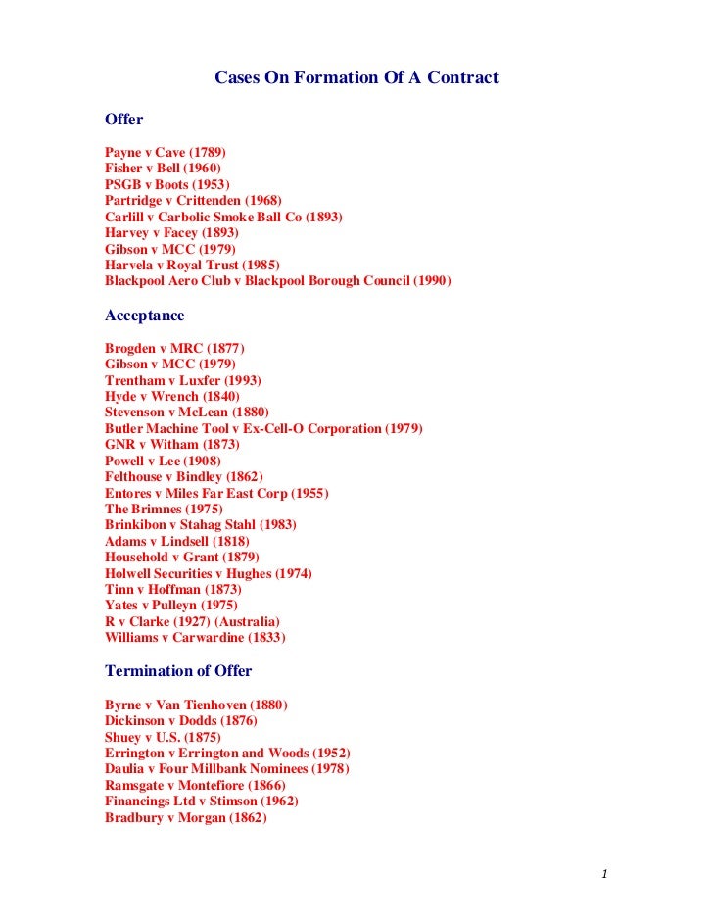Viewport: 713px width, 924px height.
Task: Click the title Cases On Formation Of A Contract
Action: [356, 77]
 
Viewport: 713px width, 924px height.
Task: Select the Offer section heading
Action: [123, 120]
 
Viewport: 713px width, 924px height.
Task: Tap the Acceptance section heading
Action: [144, 316]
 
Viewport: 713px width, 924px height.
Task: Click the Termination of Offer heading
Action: [177, 671]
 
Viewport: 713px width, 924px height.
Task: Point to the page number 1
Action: [606, 873]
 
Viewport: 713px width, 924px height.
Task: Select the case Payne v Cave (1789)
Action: [165, 153]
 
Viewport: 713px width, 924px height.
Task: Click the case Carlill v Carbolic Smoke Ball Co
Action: [223, 217]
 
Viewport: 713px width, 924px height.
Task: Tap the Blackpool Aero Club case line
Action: [277, 281]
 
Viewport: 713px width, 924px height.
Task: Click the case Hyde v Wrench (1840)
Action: [171, 396]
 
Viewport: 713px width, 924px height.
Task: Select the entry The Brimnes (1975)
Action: [164, 509]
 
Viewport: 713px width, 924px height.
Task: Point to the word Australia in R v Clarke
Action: [247, 621]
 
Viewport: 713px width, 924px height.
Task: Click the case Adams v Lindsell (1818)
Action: [176, 541]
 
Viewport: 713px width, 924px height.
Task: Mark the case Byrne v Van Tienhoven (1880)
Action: [196, 705]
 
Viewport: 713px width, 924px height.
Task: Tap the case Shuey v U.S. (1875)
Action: [163, 737]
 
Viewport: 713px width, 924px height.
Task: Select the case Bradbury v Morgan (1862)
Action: [185, 817]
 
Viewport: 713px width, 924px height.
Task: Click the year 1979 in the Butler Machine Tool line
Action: [404, 428]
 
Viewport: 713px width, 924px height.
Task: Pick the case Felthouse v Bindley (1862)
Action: [183, 476]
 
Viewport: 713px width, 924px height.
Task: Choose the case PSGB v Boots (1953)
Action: [166, 184]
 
